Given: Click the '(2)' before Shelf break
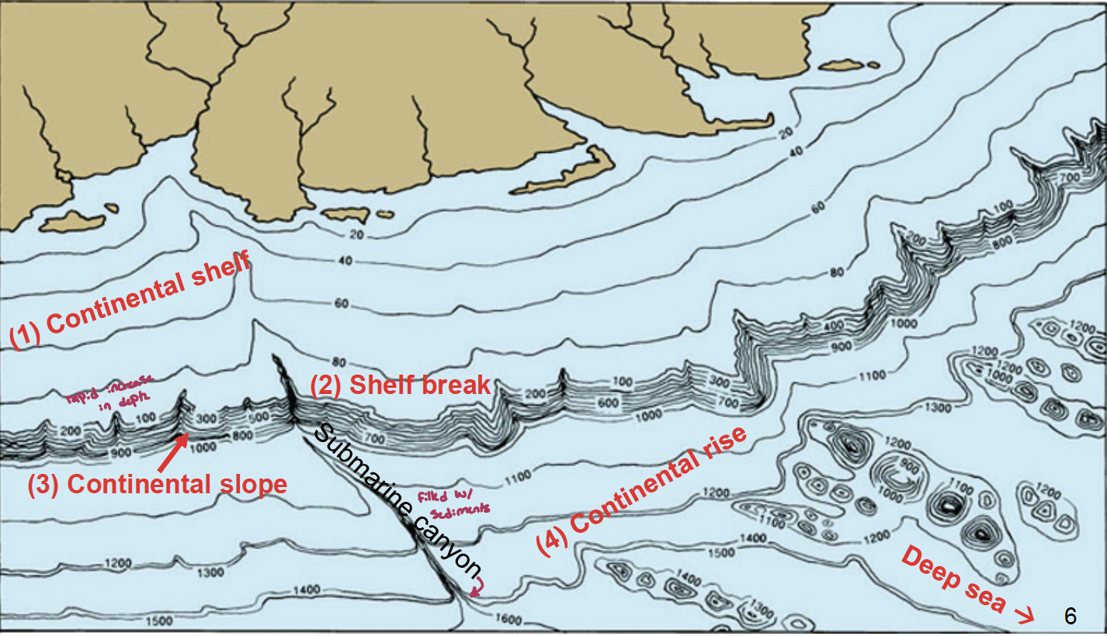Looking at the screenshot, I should point(326,385).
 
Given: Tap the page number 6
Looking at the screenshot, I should point(1071,616).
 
